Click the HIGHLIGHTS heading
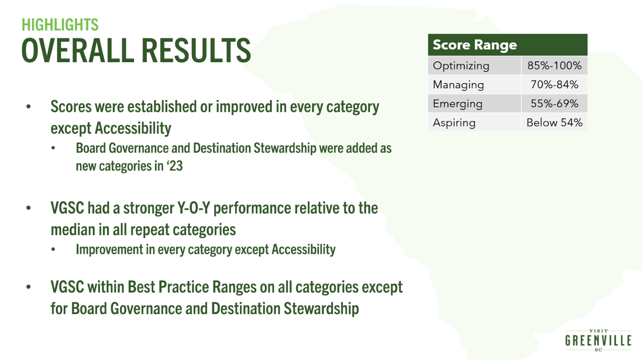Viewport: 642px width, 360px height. [x=60, y=24]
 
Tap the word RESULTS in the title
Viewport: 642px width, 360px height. [x=196, y=51]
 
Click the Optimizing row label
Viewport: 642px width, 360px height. [x=461, y=66]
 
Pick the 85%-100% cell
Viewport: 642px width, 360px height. [x=554, y=66]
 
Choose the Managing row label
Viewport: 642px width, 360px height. [x=458, y=85]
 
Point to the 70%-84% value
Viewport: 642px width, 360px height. [x=554, y=85]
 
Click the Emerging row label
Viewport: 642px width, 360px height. [x=457, y=104]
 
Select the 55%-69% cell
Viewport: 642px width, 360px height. [x=554, y=104]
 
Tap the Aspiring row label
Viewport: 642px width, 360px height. [x=454, y=123]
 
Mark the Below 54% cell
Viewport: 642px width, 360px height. [x=554, y=123]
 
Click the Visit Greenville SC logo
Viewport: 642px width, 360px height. [x=598, y=340]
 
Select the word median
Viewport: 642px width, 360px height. [x=73, y=230]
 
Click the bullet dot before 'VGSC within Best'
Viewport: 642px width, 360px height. [x=28, y=287]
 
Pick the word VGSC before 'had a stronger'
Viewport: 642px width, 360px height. [x=67, y=208]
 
